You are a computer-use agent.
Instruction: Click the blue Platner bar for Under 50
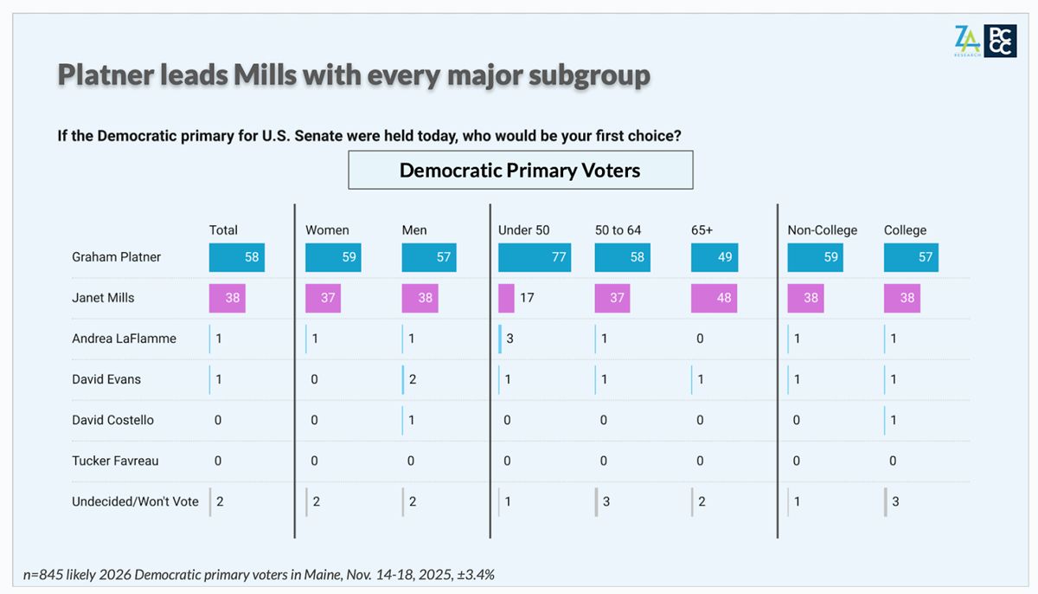click(535, 257)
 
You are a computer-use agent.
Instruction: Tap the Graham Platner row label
click(116, 257)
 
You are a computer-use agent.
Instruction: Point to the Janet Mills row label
click(103, 298)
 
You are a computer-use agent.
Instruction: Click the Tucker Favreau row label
click(115, 461)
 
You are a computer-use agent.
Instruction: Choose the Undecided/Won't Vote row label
click(135, 501)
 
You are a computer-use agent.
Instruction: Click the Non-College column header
click(822, 230)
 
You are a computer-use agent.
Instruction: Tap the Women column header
click(327, 230)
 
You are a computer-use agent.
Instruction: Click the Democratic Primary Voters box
click(520, 170)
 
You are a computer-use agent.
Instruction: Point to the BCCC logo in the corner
click(1000, 41)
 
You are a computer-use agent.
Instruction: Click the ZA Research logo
click(968, 41)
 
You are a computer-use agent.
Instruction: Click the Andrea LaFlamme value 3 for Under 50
click(510, 339)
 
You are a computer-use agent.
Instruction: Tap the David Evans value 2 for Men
click(413, 379)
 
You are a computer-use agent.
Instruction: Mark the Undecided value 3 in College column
click(895, 501)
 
